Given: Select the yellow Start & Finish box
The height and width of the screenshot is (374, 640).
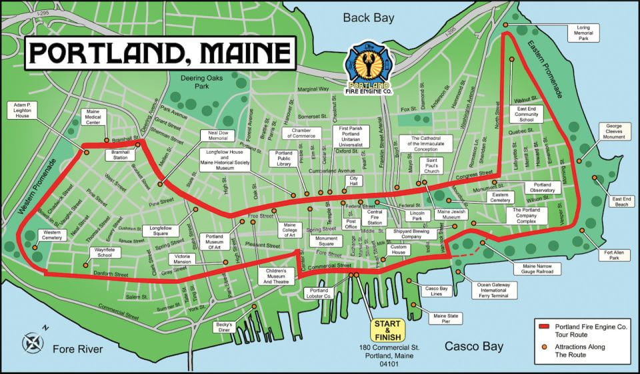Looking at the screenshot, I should click(387, 331).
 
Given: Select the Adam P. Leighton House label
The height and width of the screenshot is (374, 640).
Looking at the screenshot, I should click(23, 110).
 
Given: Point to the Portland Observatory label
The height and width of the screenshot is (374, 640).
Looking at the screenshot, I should click(542, 188).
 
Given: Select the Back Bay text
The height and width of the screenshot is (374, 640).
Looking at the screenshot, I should click(369, 18).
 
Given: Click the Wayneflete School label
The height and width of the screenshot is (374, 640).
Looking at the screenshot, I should click(103, 253).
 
